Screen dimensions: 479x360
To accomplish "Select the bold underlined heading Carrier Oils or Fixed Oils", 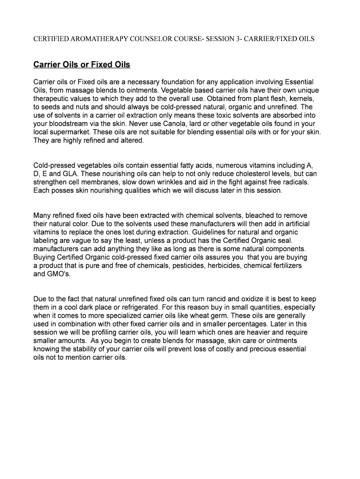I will point(82,65).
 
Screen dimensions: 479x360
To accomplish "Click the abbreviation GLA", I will point(68,174).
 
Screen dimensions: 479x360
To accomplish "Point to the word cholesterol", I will point(250,174).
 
